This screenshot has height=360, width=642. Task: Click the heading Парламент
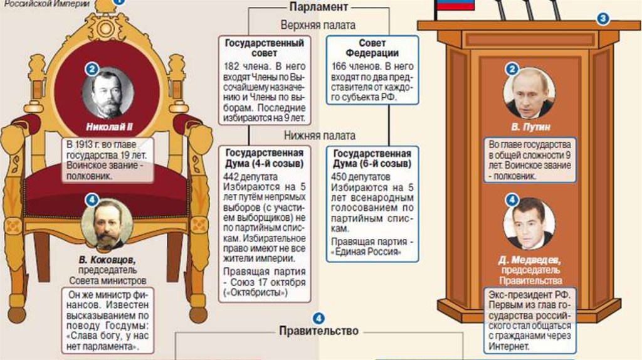[x=318, y=8]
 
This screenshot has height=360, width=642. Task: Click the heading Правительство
[x=318, y=331]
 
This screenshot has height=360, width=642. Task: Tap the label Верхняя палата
[x=318, y=26]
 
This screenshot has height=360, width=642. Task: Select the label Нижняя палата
[x=319, y=135]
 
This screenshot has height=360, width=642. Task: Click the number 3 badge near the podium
[x=603, y=19]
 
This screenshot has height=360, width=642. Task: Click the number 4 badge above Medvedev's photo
[x=512, y=201]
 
